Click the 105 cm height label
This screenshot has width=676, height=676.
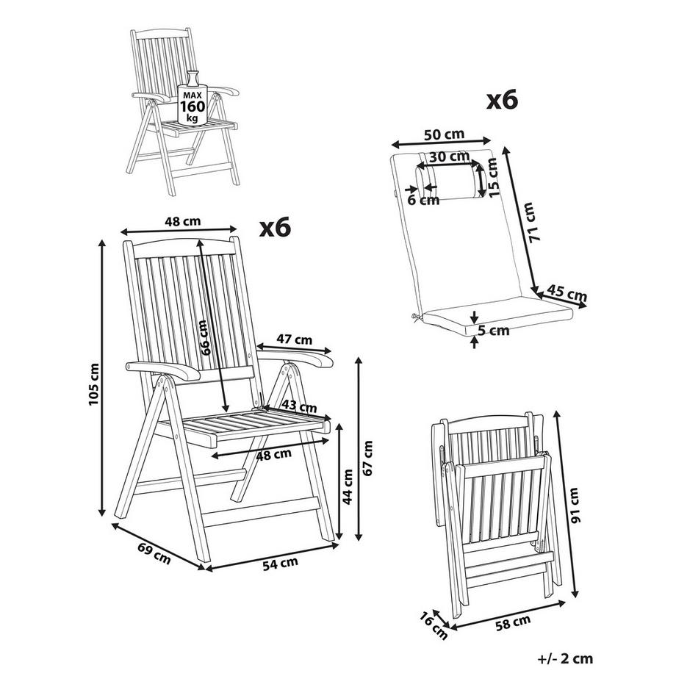(94, 384)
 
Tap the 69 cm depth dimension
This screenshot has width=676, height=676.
(154, 553)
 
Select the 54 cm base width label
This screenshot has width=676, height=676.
(281, 563)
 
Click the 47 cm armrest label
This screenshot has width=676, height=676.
(295, 339)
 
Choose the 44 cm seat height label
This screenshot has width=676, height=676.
(348, 486)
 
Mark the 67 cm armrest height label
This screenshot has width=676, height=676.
(367, 459)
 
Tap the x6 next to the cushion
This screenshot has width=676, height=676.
(503, 101)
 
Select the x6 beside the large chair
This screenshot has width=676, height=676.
(275, 227)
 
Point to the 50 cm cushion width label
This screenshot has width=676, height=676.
(444, 134)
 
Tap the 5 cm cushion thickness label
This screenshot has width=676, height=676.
(493, 331)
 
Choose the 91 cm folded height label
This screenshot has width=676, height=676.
(575, 505)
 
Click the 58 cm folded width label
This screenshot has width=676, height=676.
(513, 623)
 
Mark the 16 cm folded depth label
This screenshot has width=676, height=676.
(434, 625)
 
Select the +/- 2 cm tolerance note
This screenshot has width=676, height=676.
(566, 658)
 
